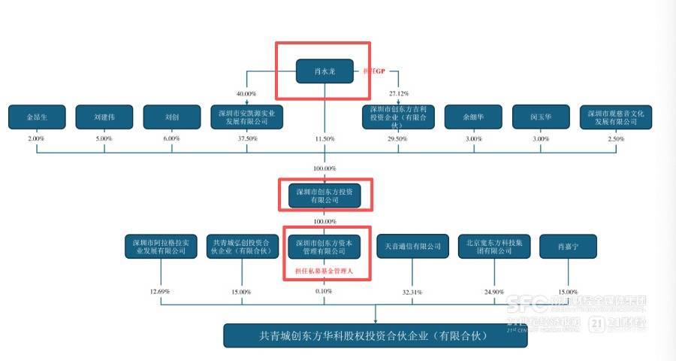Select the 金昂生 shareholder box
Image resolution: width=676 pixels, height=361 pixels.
[37, 117]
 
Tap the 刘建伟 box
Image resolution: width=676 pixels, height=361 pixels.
[104, 117]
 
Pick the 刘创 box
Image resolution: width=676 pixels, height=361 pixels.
[172, 117]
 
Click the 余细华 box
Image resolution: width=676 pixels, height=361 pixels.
[473, 117]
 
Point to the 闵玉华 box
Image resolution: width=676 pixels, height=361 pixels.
[541, 117]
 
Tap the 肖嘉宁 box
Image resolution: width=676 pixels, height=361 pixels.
[568, 247]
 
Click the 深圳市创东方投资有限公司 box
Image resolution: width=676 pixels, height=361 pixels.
[324, 196]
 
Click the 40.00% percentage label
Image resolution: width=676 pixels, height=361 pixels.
[247, 93]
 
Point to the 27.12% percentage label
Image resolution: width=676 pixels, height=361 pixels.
[398, 93]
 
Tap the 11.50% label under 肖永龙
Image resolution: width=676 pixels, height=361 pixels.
[324, 139]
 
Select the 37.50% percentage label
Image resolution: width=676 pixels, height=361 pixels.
[247, 139]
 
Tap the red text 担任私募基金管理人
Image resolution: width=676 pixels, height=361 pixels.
[324, 269]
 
